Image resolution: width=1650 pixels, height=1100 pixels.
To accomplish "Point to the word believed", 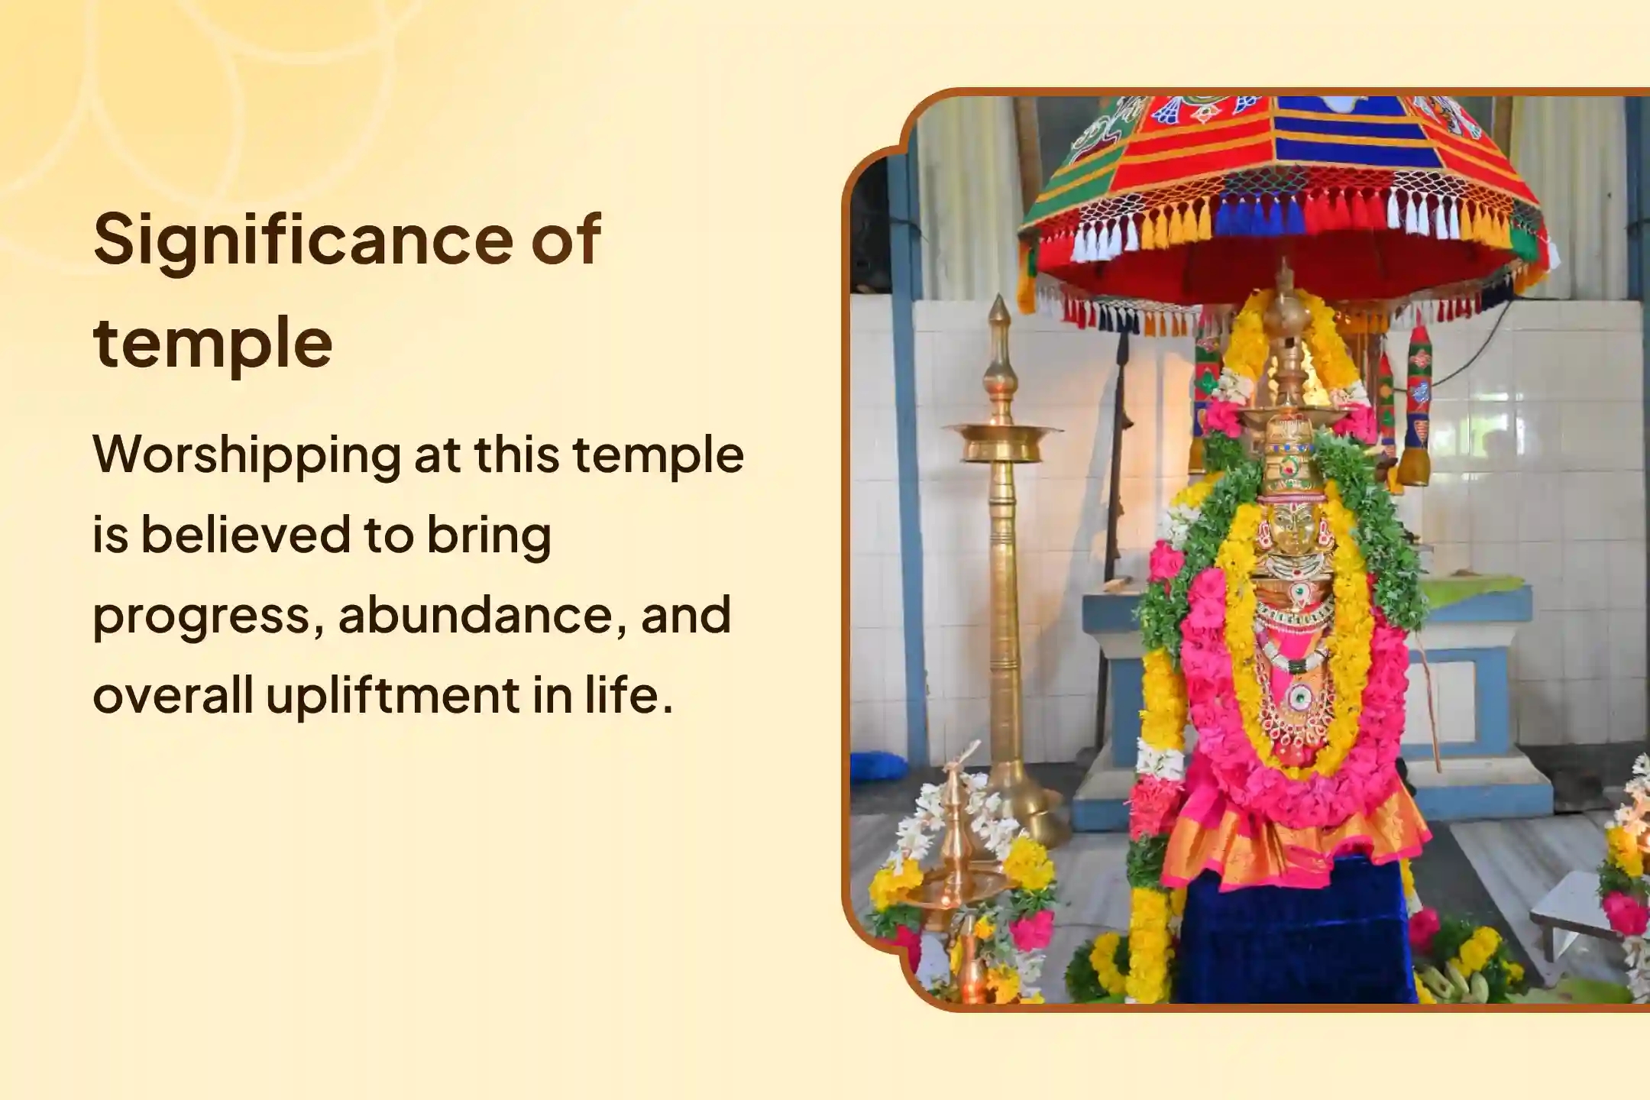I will click(244, 535).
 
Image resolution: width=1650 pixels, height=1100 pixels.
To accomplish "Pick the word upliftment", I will click(393, 696).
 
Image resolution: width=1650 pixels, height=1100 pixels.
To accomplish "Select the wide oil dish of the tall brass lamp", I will click(1001, 442).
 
